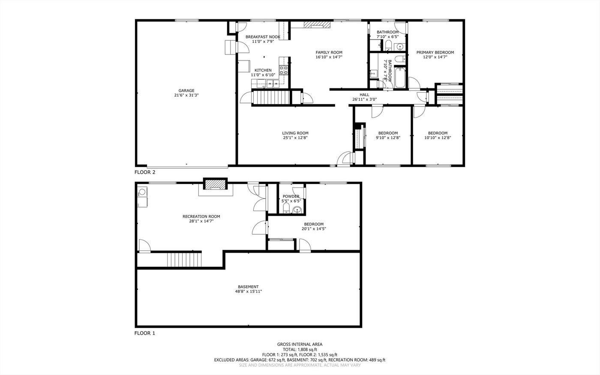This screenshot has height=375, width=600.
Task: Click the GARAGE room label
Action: (x=186, y=91)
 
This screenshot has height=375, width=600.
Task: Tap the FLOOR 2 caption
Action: (x=145, y=172)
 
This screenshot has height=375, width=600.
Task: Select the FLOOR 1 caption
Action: (x=145, y=333)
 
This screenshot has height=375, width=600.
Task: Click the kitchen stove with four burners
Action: (x=283, y=70)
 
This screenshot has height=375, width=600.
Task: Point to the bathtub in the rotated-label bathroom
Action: (x=400, y=78)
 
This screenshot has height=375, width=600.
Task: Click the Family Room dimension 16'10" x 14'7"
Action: (x=329, y=57)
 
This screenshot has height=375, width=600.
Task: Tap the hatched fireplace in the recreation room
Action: (x=215, y=184)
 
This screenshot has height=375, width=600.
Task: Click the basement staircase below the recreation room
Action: (x=184, y=260)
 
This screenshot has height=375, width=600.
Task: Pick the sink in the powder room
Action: (x=297, y=210)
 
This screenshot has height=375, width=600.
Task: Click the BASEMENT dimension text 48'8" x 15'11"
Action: (x=248, y=292)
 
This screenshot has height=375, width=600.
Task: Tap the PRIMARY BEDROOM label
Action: (x=435, y=53)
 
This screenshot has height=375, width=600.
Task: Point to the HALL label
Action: (x=364, y=95)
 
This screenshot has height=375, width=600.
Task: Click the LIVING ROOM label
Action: (x=295, y=133)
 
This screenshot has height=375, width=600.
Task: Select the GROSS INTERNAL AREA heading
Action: (x=300, y=345)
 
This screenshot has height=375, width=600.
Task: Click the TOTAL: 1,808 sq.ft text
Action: (x=300, y=350)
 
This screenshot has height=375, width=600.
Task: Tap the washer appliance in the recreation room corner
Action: (x=142, y=192)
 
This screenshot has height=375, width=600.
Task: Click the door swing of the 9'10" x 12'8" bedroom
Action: (x=377, y=112)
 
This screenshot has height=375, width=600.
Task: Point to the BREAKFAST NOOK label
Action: (x=263, y=37)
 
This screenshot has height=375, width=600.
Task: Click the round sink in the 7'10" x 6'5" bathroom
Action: (x=400, y=47)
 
